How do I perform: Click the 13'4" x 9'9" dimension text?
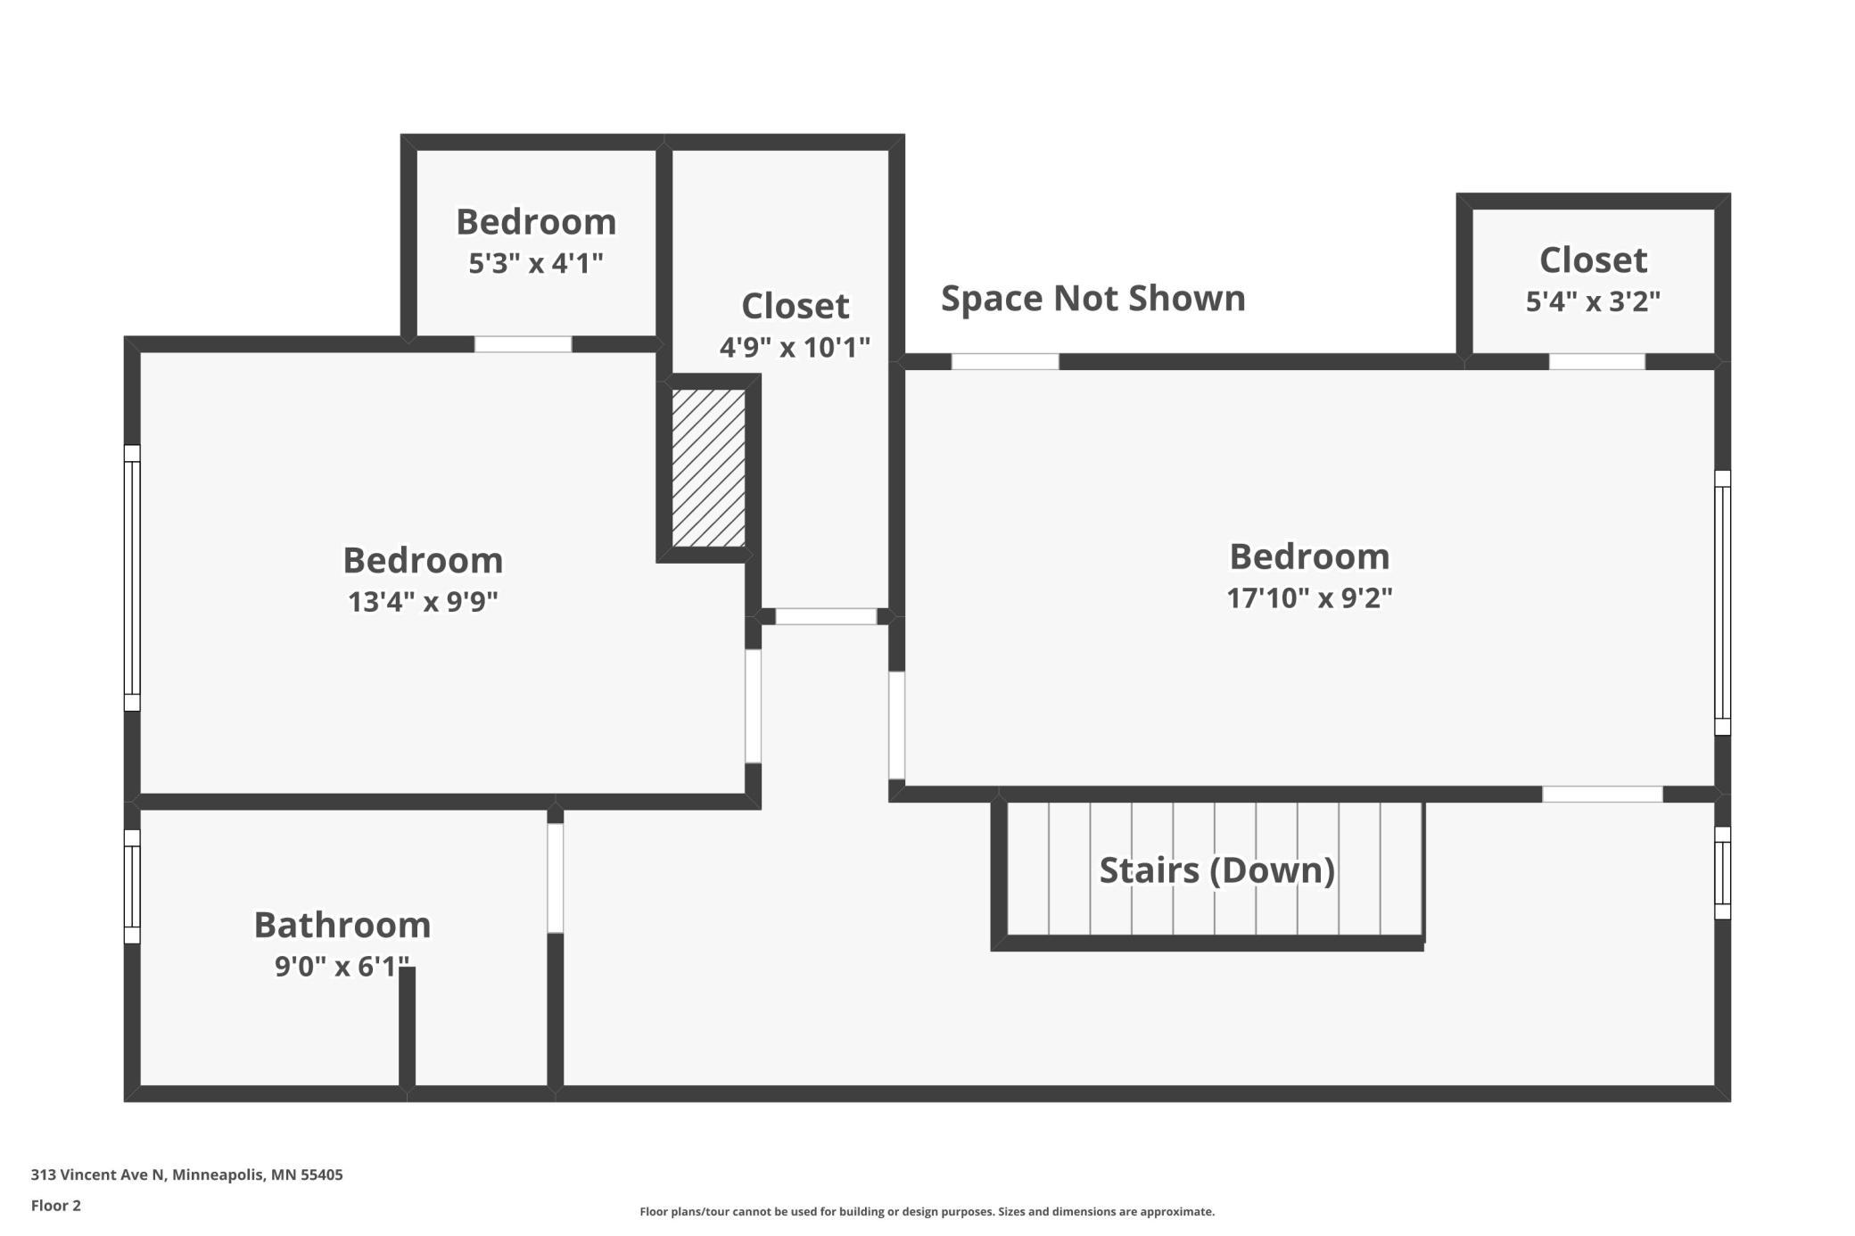point(423,602)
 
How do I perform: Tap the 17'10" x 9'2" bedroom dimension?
point(1309,597)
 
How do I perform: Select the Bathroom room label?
point(342,925)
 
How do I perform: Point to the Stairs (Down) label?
point(1217,870)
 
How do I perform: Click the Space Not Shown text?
point(1093,298)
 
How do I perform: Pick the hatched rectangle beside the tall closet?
point(709,467)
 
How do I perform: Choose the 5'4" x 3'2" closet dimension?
point(1593,301)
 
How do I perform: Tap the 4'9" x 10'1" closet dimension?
point(795,347)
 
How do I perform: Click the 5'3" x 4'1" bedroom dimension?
point(536,263)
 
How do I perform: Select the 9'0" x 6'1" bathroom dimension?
point(342,966)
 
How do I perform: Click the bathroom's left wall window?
point(132,886)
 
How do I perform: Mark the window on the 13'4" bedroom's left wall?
point(132,578)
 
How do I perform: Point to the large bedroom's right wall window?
point(1723,603)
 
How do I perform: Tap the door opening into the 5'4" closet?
point(1597,361)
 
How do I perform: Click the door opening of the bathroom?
point(556,878)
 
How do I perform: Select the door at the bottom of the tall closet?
point(826,616)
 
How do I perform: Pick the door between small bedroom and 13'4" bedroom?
point(523,344)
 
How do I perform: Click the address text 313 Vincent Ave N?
point(98,1174)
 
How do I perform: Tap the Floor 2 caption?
point(56,1206)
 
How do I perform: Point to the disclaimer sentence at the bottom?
point(927,1211)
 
